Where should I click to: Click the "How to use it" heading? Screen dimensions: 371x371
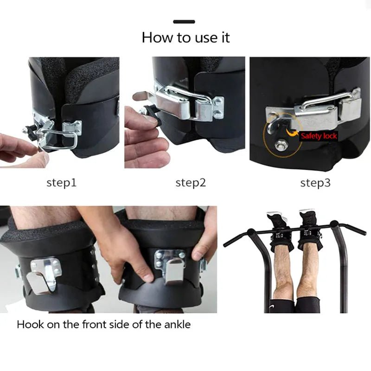point(186,38)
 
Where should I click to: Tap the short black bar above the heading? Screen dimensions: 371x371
point(184,22)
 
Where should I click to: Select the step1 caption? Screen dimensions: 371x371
point(62,183)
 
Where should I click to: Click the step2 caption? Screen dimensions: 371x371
point(191,183)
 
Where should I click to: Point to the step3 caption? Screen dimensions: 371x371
point(315,183)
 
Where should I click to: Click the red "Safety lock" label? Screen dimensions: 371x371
point(319,136)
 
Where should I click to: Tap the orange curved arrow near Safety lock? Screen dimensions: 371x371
point(291,132)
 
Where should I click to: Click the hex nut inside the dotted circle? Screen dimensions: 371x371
point(281,144)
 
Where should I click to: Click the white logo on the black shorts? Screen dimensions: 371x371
point(271,307)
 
